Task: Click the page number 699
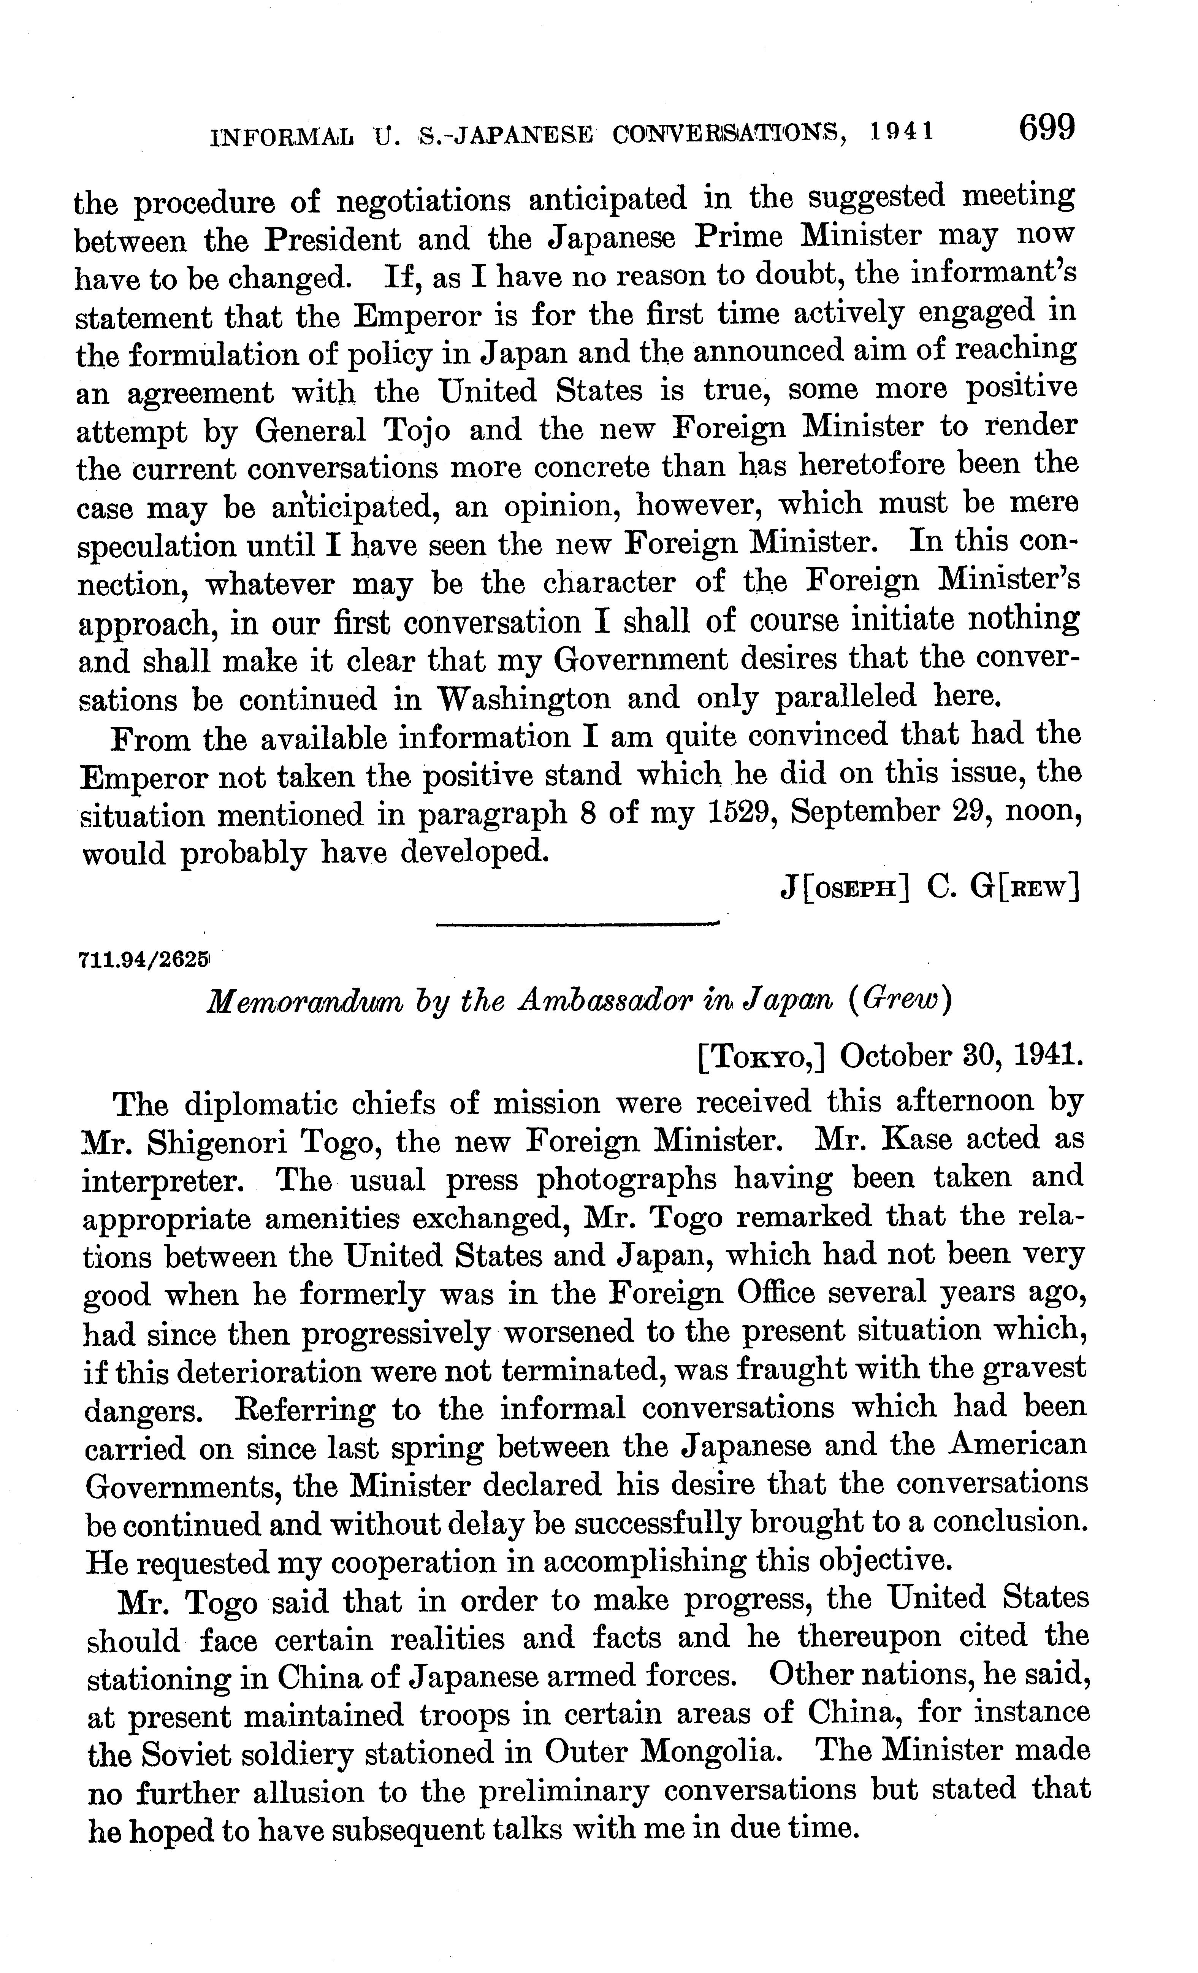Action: click(x=1045, y=128)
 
